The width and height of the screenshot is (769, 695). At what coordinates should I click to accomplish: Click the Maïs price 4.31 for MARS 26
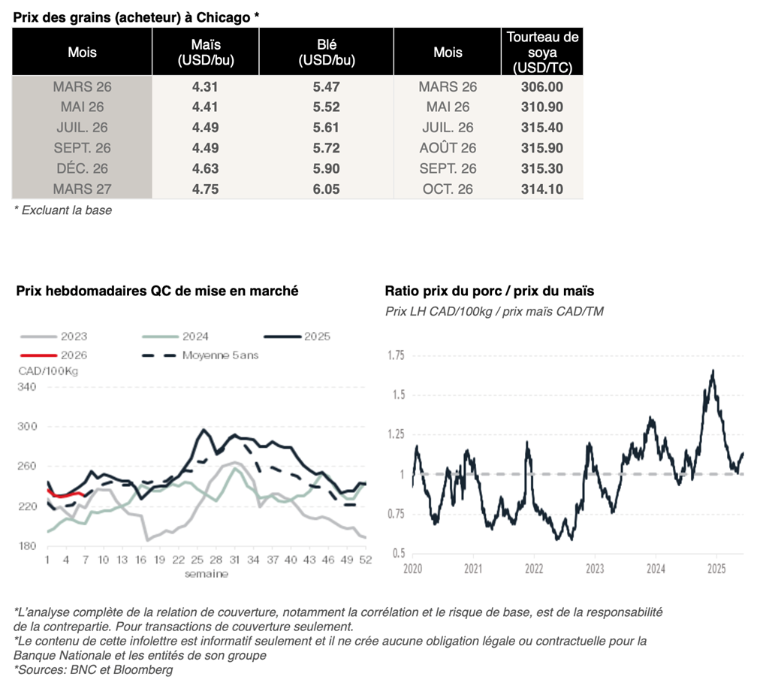click(x=205, y=87)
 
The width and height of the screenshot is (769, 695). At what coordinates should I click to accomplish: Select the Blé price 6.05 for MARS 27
click(x=326, y=189)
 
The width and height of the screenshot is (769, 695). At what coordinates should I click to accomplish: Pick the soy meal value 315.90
click(x=541, y=148)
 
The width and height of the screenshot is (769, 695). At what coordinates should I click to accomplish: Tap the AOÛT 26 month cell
click(x=448, y=148)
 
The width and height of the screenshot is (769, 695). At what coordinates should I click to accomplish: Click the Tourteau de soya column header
click(x=542, y=53)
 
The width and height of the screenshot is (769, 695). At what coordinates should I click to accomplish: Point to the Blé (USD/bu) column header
click(x=326, y=53)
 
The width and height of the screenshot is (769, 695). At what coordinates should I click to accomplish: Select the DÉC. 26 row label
click(x=82, y=169)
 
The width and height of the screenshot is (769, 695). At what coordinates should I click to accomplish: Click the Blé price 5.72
click(x=326, y=148)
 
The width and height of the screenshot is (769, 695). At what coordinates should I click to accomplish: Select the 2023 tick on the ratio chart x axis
click(x=594, y=568)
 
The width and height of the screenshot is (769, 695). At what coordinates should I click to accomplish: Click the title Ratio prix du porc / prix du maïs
click(x=489, y=291)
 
